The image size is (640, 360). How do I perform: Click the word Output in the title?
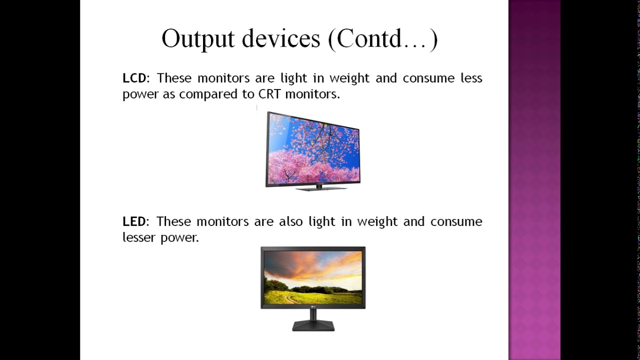point(198,39)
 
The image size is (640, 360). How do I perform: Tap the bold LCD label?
point(134,78)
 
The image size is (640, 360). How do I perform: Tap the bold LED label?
point(134,221)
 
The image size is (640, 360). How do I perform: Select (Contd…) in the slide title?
point(382,39)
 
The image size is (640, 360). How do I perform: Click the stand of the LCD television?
point(320,188)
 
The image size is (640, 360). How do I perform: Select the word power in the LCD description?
point(140,94)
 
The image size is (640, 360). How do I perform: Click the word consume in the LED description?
point(456,221)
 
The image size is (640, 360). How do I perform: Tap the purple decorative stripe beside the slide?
point(534,180)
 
